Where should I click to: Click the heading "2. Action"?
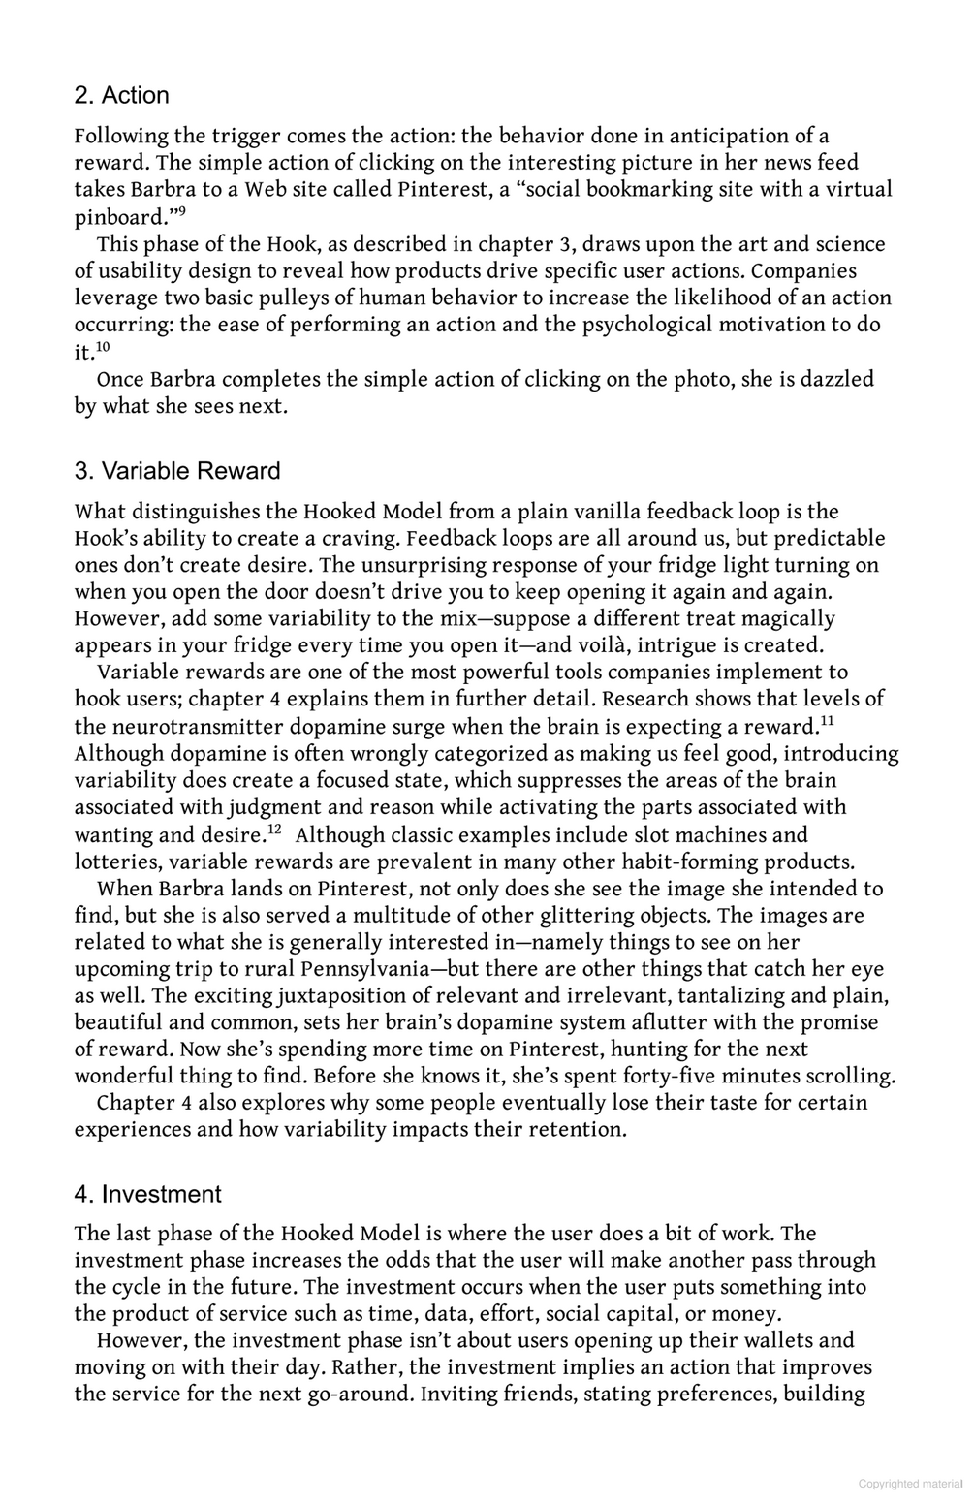pyautogui.click(x=121, y=95)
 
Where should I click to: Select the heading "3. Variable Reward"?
pyautogui.click(x=177, y=471)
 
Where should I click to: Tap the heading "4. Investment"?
pyautogui.click(x=147, y=1194)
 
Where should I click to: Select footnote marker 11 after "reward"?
pyautogui.click(x=826, y=720)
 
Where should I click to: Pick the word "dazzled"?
pyautogui.click(x=837, y=379)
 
